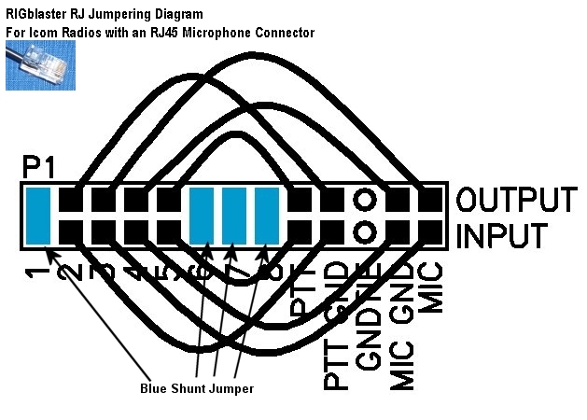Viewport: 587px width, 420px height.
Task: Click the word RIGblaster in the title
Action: pos(36,14)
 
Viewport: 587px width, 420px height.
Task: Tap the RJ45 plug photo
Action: pos(40,65)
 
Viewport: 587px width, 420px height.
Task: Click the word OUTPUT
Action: pos(516,201)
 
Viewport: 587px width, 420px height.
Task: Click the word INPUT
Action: pos(501,235)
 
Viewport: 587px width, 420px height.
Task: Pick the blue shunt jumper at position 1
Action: pos(38,216)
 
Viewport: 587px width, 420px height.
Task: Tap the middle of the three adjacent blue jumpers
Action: pos(234,216)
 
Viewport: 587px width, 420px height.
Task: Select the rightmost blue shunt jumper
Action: pos(267,216)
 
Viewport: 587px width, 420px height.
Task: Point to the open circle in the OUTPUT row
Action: pos(365,200)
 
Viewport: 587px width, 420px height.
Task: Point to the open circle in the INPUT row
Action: pos(365,231)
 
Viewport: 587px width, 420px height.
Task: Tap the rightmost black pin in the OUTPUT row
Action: pos(429,200)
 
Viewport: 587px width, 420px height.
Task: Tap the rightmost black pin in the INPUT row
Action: pos(429,231)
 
